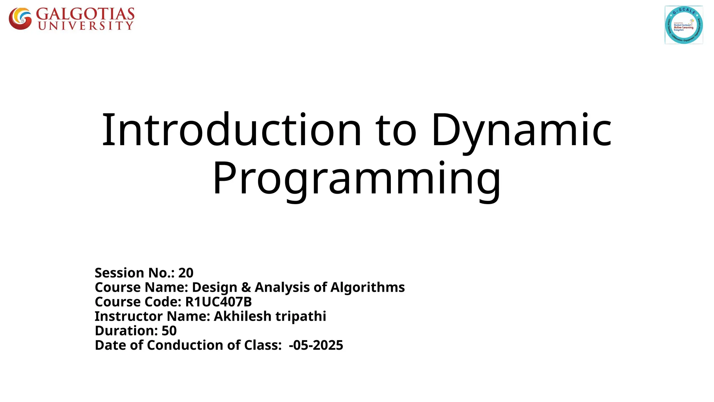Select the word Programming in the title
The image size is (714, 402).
point(357,179)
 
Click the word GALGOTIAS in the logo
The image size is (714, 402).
point(85,14)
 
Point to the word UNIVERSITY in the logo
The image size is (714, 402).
point(86,26)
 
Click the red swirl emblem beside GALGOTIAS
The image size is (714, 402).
point(20,18)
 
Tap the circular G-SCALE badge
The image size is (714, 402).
point(683,25)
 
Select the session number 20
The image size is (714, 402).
point(186,273)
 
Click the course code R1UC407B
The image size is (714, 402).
point(218,301)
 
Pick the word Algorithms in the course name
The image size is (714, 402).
point(367,287)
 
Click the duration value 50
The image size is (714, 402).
point(169,330)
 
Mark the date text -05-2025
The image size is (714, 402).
point(316,345)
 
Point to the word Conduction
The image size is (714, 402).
point(185,345)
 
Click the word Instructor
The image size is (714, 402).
point(129,316)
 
